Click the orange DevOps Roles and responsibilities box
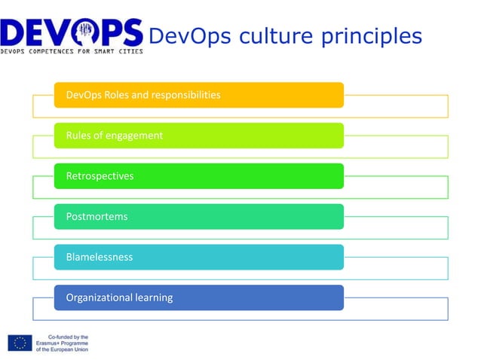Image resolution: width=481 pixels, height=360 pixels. click(x=199, y=95)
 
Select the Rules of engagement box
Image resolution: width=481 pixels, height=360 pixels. click(x=199, y=136)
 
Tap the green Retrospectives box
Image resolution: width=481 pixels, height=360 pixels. click(x=199, y=175)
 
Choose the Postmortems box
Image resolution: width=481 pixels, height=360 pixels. click(x=199, y=216)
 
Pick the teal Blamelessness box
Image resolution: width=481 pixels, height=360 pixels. click(x=199, y=257)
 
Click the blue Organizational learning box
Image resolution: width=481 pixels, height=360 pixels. click(x=199, y=297)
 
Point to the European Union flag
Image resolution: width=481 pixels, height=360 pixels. click(x=20, y=343)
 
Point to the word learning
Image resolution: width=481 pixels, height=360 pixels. click(x=154, y=297)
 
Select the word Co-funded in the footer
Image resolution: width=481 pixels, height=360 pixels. click(x=60, y=337)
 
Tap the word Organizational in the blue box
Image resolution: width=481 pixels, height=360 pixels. click(x=98, y=297)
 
